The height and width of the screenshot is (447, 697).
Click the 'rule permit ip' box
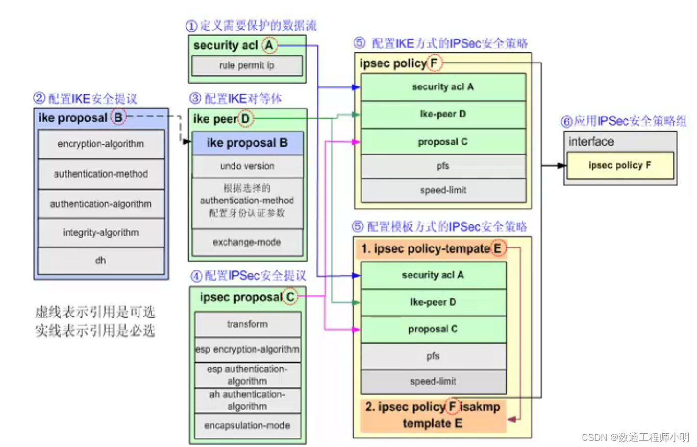(247, 66)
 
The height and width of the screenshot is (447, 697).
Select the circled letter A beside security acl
(269, 46)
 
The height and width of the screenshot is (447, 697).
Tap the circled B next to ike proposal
(118, 118)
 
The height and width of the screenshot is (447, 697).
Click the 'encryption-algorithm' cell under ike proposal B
(101, 144)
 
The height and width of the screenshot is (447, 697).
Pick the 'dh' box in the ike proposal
(101, 261)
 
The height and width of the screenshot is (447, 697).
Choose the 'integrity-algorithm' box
(101, 232)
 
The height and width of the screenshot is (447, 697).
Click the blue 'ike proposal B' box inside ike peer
(247, 143)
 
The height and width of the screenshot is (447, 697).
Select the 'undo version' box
(247, 166)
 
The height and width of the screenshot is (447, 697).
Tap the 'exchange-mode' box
(247, 242)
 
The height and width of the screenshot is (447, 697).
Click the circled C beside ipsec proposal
(290, 297)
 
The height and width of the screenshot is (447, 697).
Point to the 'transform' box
(247, 324)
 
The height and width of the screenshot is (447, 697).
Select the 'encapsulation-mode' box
(247, 426)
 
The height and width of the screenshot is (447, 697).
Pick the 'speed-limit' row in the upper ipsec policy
(443, 190)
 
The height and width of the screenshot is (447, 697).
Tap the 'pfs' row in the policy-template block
(433, 356)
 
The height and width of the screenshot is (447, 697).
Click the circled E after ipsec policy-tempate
(497, 249)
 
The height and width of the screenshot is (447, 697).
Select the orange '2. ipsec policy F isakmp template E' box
(433, 415)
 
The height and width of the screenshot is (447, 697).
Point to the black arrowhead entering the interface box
(562, 166)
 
